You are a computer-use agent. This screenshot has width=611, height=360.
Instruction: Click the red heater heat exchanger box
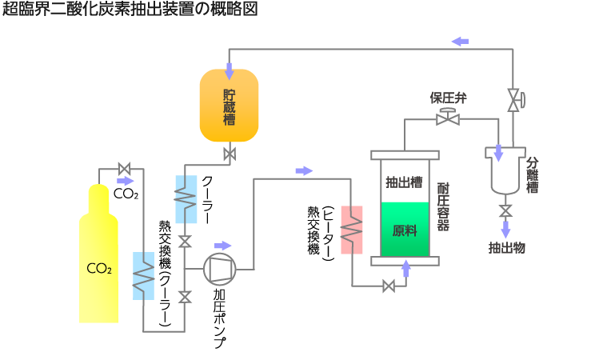[352, 230]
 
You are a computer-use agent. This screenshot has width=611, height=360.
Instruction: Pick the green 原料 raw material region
[405, 230]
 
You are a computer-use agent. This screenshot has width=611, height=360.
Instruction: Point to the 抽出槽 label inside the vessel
[404, 182]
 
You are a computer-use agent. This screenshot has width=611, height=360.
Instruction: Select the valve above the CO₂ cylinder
[124, 169]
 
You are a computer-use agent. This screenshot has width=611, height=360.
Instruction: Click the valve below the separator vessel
[505, 211]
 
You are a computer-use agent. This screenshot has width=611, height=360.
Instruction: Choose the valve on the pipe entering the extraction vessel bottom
[389, 286]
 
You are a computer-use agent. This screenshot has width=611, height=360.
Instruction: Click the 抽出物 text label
[506, 248]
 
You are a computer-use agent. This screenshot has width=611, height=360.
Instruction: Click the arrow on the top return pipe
[460, 41]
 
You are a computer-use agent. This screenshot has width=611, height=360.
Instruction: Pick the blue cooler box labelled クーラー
[186, 200]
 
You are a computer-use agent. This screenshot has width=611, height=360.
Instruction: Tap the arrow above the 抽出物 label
[505, 229]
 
